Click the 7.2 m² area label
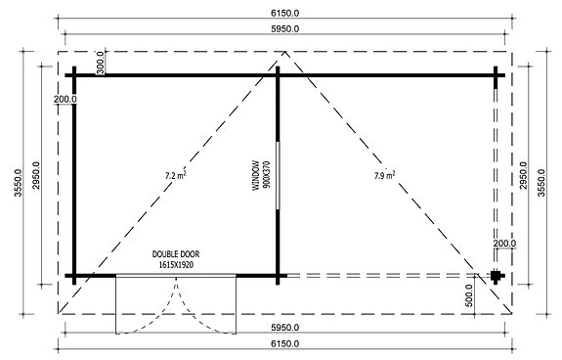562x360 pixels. point(176,175)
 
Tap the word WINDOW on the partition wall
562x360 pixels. point(253,175)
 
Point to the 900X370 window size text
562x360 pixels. point(264,175)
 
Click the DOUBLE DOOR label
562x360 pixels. point(176,253)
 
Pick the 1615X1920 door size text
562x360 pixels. point(176,264)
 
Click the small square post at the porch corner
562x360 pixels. point(497,275)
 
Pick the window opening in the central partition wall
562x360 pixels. point(279,174)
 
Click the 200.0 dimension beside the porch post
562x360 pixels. point(504,244)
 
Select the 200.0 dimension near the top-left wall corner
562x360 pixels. point(65,100)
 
